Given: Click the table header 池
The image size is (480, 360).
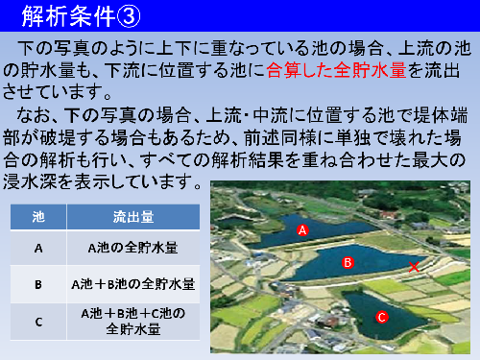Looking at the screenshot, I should point(38,216).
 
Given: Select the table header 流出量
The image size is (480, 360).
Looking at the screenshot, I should point(134,216).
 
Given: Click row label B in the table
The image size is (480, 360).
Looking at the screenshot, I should point(38,284).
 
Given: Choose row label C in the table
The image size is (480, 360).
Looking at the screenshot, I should point(38,321).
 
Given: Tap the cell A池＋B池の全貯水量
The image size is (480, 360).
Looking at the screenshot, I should point(134,284).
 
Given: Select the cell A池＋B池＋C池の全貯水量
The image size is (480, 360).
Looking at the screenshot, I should point(134,321).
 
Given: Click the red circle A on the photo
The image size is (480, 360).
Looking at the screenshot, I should point(302,231).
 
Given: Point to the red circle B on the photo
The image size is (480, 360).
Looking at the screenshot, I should point(348,261).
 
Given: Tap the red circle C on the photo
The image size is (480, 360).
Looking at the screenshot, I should point(381,317).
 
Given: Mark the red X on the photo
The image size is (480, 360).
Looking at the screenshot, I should point(414,267).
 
